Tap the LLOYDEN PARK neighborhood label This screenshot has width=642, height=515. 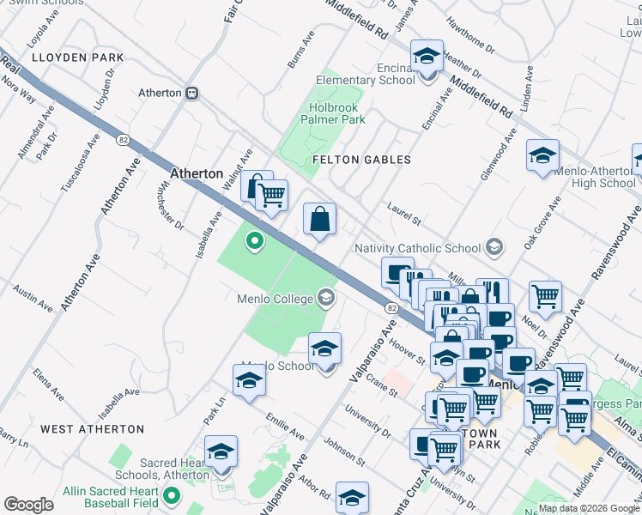(77, 58)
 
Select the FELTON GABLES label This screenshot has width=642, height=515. (361, 160)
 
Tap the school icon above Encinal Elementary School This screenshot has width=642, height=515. (427, 57)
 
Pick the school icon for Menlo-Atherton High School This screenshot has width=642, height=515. (542, 156)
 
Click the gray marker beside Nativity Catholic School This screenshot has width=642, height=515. (494, 248)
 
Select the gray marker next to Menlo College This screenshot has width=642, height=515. (325, 298)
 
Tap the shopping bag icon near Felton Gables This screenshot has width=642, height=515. (319, 219)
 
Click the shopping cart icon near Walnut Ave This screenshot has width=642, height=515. (272, 195)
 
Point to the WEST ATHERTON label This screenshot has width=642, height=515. (93, 428)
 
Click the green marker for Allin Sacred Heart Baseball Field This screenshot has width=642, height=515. (172, 495)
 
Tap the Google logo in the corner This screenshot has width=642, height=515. (28, 505)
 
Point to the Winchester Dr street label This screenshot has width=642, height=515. (171, 207)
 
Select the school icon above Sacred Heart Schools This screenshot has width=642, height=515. (221, 451)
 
